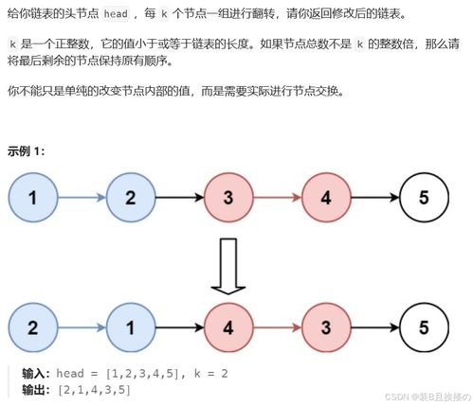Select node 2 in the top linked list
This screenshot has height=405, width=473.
coord(131,197)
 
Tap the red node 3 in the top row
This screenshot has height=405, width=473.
coord(228,197)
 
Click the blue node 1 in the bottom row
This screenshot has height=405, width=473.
coord(131,328)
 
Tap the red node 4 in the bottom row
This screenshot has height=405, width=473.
coord(228,328)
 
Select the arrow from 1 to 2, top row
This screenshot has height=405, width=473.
coord(82,197)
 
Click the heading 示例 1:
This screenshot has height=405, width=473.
coord(26,150)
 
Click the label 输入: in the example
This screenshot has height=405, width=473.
coord(40,373)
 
